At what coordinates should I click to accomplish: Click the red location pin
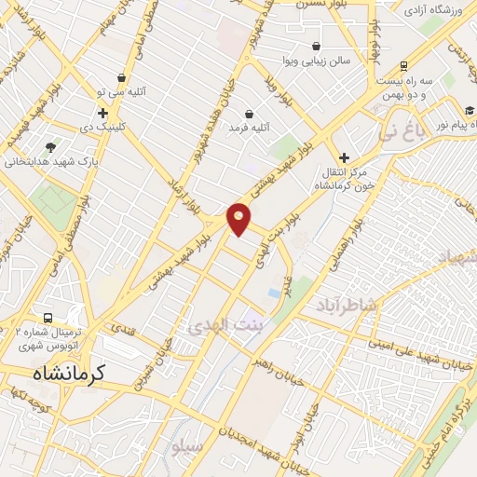239,218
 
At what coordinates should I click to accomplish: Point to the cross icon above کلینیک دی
103,113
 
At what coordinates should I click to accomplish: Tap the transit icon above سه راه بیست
403,66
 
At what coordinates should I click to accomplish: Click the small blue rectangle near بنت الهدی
272,293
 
